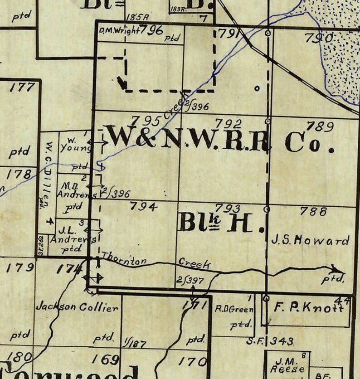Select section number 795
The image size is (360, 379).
(x=145, y=121)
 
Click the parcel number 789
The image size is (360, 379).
(x=320, y=126)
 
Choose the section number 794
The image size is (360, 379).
(x=143, y=207)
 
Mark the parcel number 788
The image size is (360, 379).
(x=313, y=211)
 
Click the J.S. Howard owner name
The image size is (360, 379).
(x=310, y=240)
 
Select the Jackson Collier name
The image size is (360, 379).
(x=77, y=307)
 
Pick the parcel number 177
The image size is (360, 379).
(x=22, y=87)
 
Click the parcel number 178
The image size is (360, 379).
(x=20, y=174)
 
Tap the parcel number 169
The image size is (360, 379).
(x=105, y=360)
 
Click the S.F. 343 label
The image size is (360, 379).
(x=270, y=341)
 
